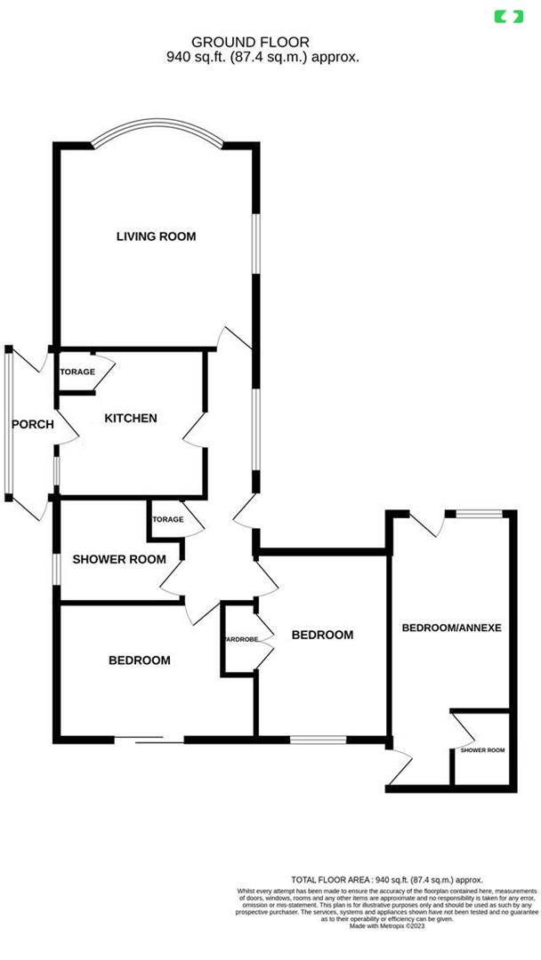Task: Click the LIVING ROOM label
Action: click(156, 236)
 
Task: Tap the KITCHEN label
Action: click(131, 419)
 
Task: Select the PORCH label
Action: click(32, 425)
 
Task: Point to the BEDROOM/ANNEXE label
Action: click(452, 628)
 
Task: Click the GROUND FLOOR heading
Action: click(251, 42)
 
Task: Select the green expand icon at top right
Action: click(509, 16)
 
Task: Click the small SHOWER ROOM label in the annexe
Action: click(482, 750)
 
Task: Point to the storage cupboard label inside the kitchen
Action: click(77, 372)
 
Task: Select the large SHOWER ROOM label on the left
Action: click(119, 559)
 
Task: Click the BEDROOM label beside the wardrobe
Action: click(323, 635)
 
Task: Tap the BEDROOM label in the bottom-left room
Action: click(140, 660)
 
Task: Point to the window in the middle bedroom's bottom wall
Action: click(318, 739)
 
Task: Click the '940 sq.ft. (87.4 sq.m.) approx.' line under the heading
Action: click(262, 56)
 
